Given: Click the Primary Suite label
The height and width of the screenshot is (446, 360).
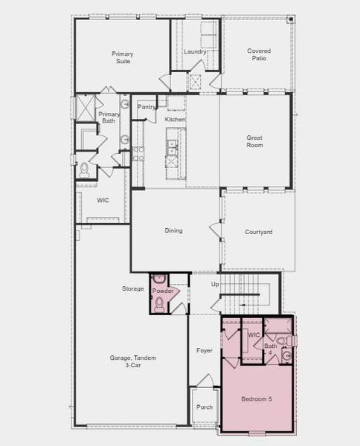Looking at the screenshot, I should coord(122,57).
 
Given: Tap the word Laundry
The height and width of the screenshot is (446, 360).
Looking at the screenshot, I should coord(195,51).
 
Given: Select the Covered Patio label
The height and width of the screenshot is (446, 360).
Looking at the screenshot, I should coord(259,54).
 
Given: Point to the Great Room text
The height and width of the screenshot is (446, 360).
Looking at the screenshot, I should coord(255,142).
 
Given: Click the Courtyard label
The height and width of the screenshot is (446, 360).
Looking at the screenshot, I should coord(258,232).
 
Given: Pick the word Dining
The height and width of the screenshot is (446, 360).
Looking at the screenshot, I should coord(173,230).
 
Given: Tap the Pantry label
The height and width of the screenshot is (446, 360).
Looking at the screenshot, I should coord(147,107).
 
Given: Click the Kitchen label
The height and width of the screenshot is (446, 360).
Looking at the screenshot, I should coord(175,120).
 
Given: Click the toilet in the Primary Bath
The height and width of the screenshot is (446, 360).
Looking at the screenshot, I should coord(83,169).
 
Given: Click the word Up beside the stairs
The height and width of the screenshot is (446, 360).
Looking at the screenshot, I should coord(216,285).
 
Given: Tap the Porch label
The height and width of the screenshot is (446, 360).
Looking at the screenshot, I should coord(204,407).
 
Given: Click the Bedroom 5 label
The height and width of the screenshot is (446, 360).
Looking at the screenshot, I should coord(257,399).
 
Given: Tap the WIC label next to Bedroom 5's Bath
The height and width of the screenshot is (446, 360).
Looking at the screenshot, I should coord(254,335).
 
